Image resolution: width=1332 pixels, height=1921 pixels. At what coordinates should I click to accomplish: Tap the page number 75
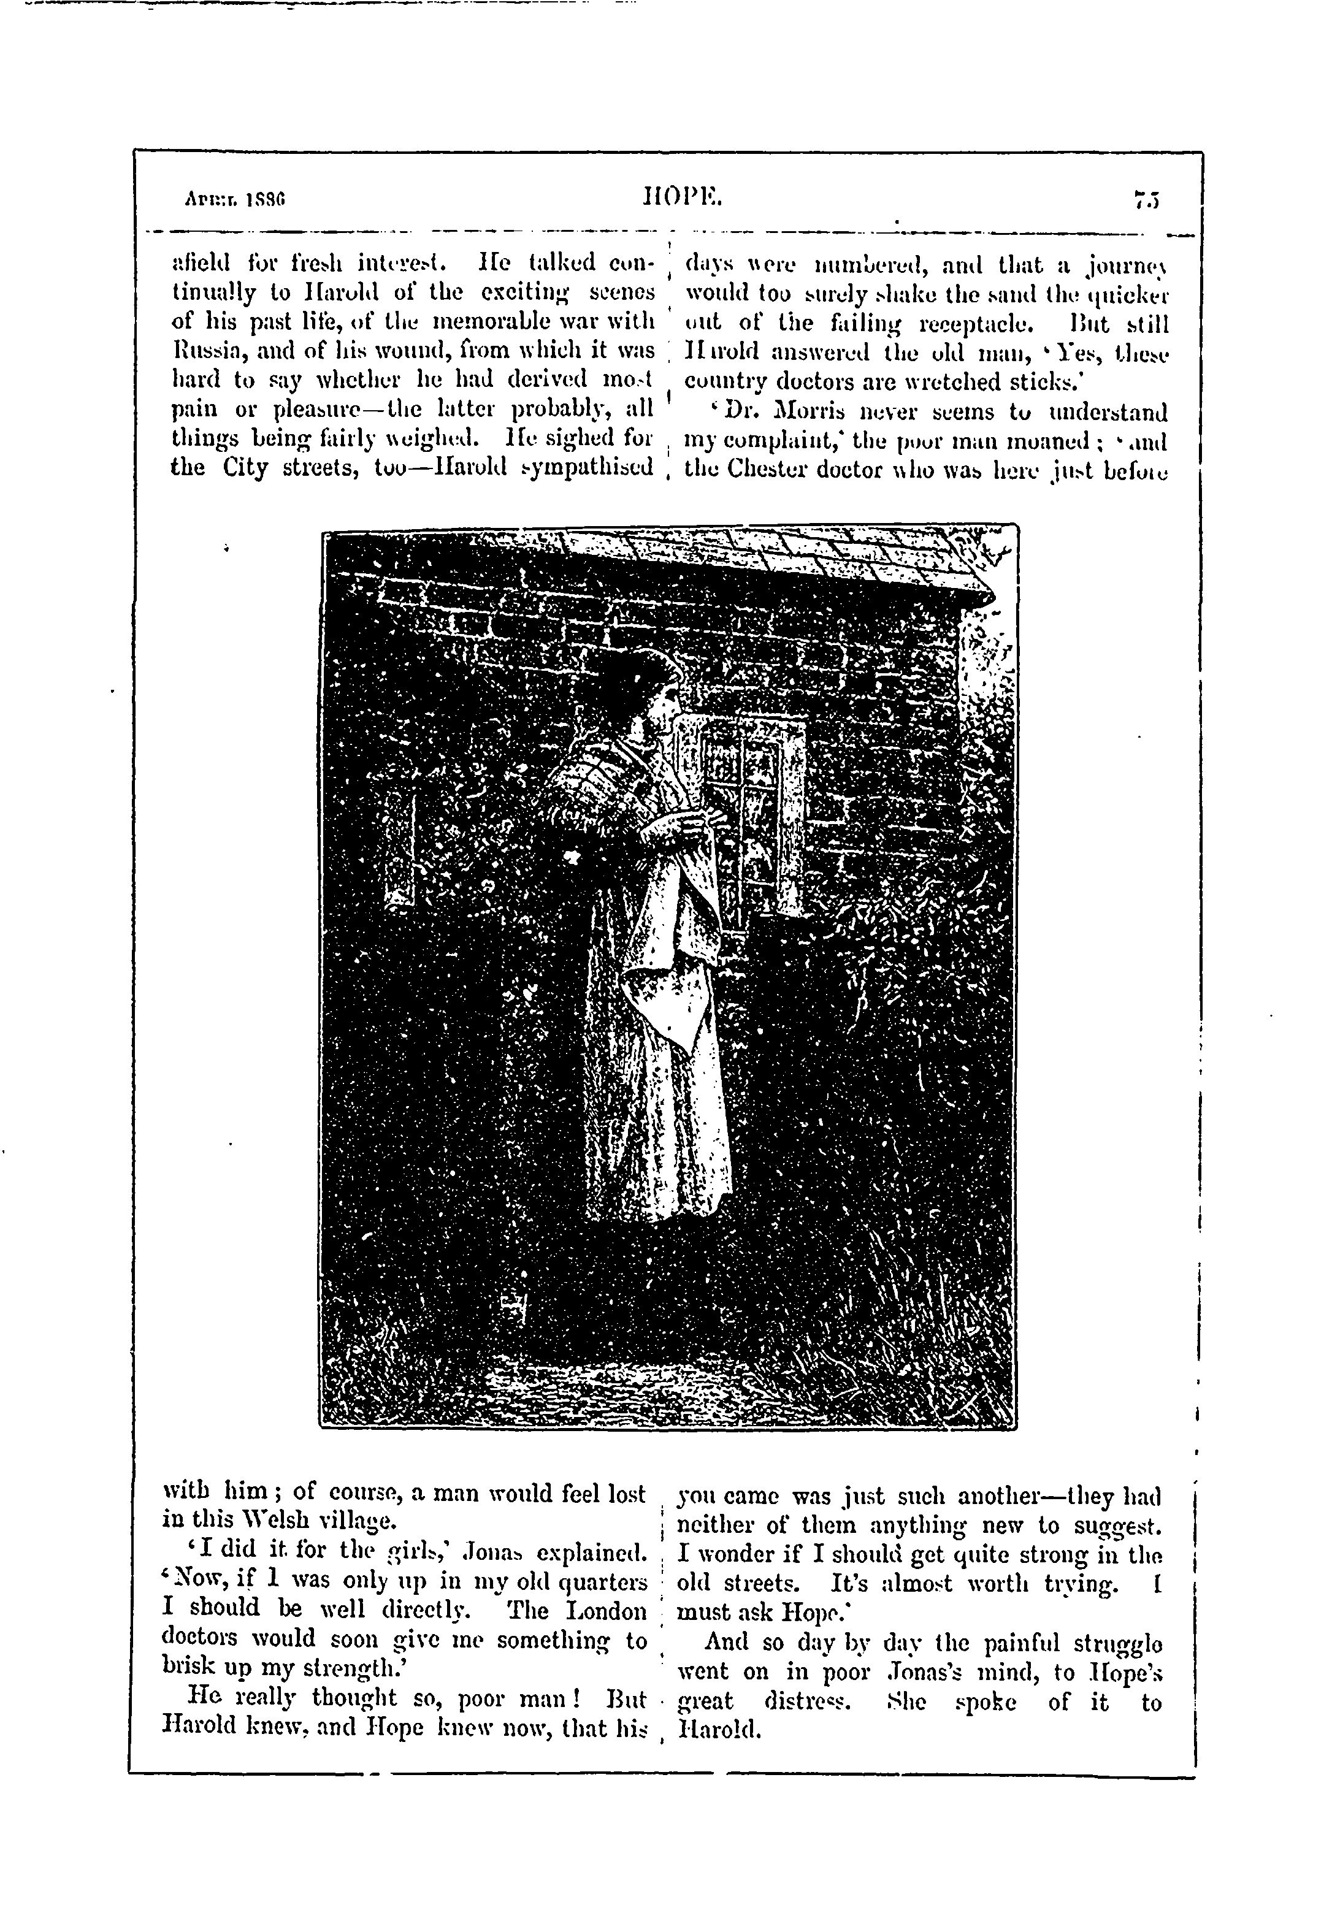click(1149, 201)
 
